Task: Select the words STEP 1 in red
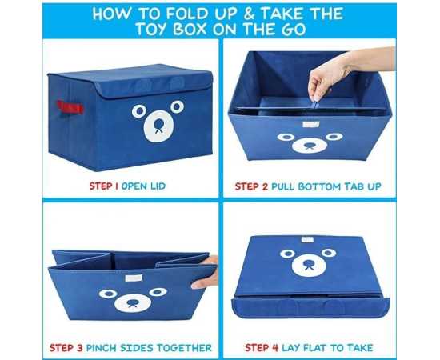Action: point(103,186)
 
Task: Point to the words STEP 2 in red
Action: point(251,186)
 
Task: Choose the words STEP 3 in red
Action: point(66,348)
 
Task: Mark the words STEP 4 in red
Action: point(262,348)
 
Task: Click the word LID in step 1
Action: point(157,186)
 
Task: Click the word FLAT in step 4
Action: point(315,348)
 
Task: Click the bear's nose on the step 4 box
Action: point(309,265)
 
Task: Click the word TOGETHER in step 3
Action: point(184,348)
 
